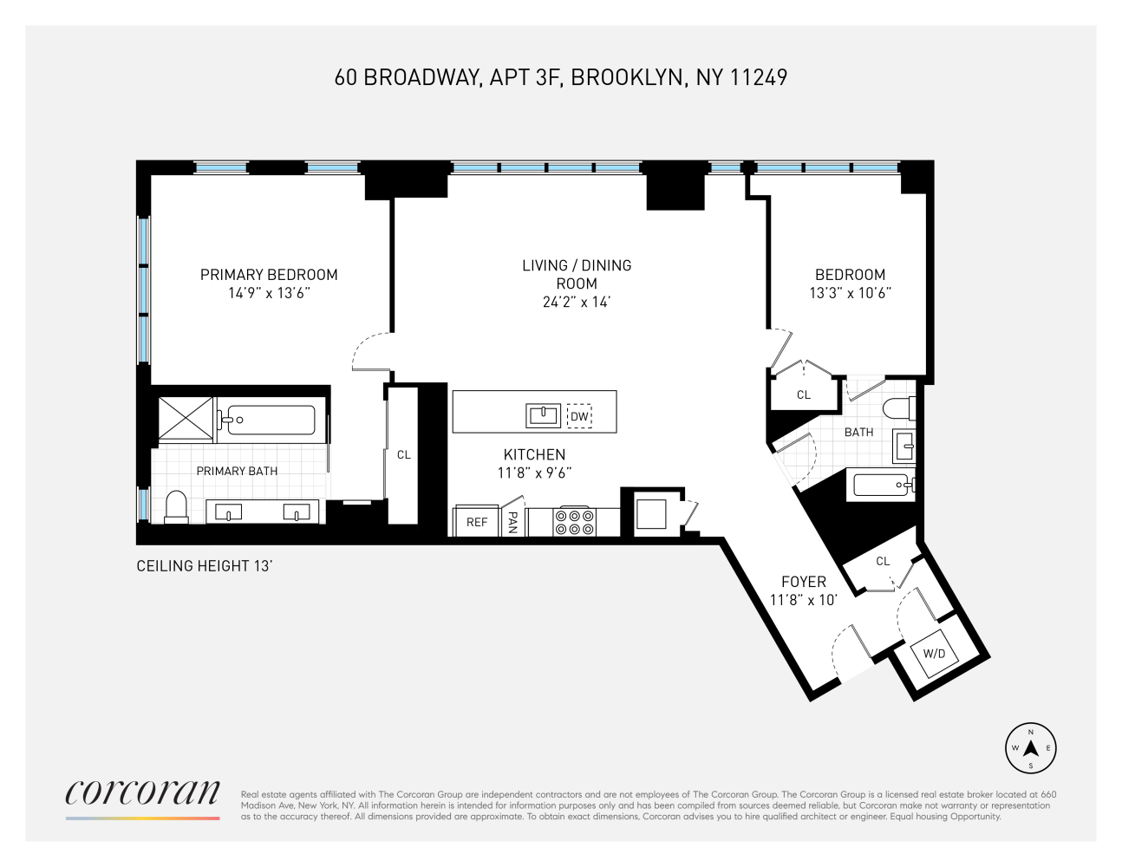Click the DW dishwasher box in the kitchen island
579,416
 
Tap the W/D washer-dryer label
934,653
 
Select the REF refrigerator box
476,522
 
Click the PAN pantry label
512,521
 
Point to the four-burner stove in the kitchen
574,522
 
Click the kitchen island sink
544,415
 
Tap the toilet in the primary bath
176,506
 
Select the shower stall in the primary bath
186,420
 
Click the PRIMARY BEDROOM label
269,275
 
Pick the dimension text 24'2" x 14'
577,303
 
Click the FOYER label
804,582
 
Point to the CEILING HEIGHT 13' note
205,566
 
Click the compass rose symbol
1031,747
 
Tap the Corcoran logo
143,792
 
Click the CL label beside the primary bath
403,454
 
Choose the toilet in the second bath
897,408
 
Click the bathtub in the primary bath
270,421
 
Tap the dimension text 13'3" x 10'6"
851,293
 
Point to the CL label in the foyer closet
883,561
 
